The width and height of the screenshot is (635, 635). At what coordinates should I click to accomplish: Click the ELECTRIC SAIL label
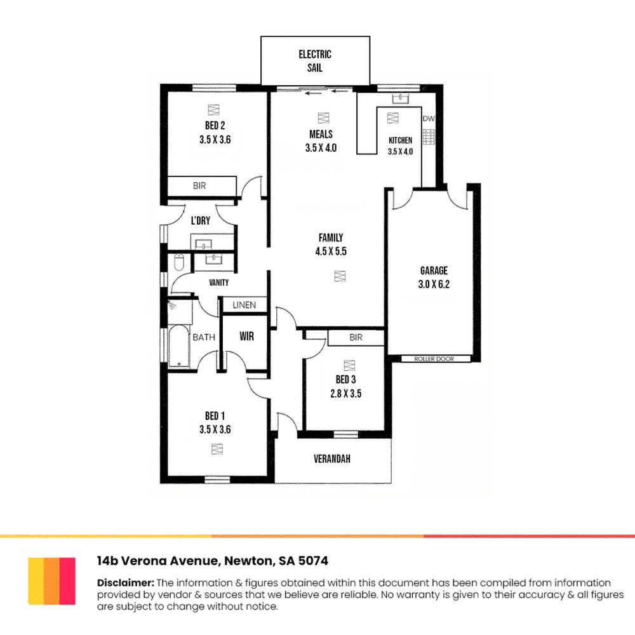coord(315,60)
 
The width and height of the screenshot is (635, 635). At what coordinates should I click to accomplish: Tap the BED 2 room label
coord(215,124)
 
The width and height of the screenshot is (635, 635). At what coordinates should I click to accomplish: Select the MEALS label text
coord(321,134)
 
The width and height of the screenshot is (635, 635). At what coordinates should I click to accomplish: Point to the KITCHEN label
coord(401,140)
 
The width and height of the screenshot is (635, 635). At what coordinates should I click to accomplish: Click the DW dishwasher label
coord(429,119)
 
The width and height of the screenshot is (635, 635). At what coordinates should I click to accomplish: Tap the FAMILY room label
coord(330,237)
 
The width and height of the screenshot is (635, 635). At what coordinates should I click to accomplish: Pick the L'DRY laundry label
coord(201,221)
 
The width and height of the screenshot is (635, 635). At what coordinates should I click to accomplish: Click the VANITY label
coord(218,283)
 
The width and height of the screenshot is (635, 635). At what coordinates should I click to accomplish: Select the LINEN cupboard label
coord(244,305)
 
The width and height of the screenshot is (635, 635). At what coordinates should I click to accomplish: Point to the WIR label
coord(246,337)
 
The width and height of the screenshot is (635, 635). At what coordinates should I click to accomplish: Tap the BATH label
coord(204,337)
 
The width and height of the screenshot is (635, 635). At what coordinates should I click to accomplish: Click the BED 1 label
coord(214,416)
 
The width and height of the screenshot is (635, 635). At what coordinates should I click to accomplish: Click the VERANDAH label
coord(332,458)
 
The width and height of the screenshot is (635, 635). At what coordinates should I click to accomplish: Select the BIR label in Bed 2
coord(199,186)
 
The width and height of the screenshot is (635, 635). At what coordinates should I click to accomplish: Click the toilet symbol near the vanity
coord(179,262)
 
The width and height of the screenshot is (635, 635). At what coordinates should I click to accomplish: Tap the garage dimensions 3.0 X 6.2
coord(434,284)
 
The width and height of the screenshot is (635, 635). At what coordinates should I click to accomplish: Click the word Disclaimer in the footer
coord(125,582)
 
